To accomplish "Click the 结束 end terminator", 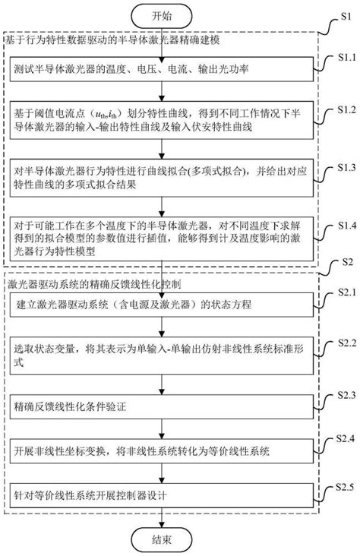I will (x=162, y=540).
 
